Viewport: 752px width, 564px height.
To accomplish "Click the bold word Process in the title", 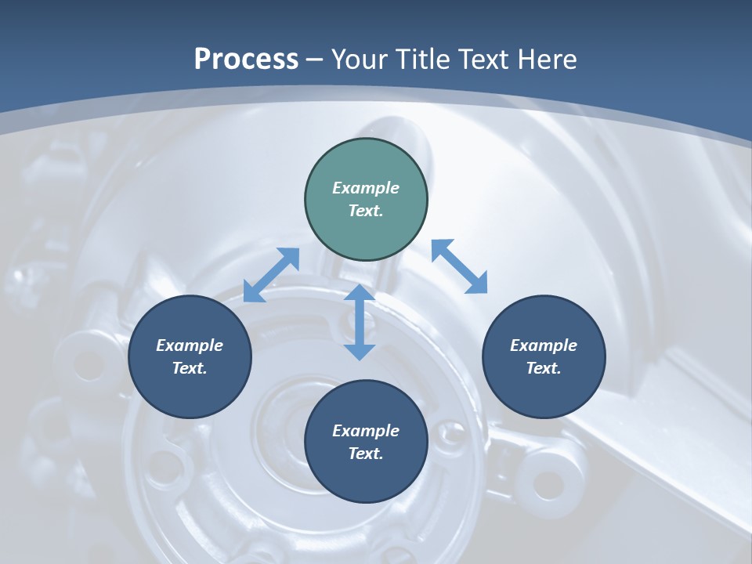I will pos(246,59).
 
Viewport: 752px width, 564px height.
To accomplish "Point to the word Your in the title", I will pos(360,59).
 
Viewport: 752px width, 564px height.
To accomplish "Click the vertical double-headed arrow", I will pos(360,322).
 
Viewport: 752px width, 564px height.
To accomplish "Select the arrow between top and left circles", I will pos(271,275).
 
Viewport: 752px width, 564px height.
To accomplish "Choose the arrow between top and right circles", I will pos(460,266).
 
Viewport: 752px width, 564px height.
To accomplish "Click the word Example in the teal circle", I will pos(366,188).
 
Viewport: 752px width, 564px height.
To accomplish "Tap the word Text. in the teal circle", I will pos(366,211).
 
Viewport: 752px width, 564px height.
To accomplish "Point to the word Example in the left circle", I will pos(190,345).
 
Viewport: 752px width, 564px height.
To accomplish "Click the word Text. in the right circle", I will pos(544,368).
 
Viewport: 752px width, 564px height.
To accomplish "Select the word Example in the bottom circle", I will pos(366,431).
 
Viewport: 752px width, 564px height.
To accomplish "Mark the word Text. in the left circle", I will pos(190,368).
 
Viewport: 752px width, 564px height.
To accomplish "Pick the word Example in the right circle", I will pos(544,345).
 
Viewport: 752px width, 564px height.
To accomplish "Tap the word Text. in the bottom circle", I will pos(366,454).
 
